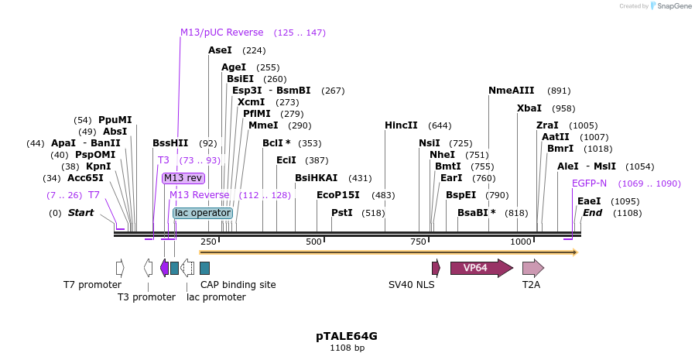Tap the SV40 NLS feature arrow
click(x=437, y=268)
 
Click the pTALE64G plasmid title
click(x=347, y=336)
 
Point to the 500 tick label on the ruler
click(x=313, y=242)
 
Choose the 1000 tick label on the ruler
click(x=522, y=242)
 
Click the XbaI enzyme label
click(x=529, y=108)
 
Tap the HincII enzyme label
click(x=401, y=125)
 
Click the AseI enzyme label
click(x=220, y=50)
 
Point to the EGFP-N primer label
click(x=589, y=183)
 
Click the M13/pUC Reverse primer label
click(x=222, y=33)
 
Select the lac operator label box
click(x=203, y=213)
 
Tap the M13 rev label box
click(x=183, y=178)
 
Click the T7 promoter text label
click(x=92, y=285)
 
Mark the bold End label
click(x=592, y=213)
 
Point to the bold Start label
click(x=82, y=213)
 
